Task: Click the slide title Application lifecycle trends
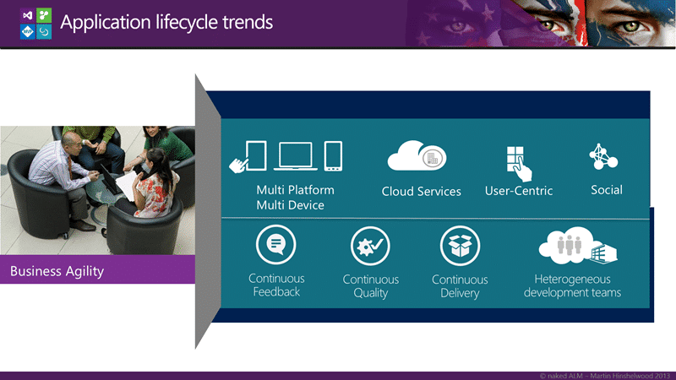(x=166, y=23)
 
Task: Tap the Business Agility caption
(x=57, y=271)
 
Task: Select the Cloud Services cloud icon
(x=417, y=155)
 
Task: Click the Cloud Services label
(x=421, y=192)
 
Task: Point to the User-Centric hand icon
(x=519, y=164)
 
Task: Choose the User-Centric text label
(x=519, y=191)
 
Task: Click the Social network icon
(x=603, y=156)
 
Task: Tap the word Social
(x=607, y=190)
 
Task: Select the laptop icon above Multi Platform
(x=295, y=156)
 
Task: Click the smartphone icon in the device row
(x=333, y=156)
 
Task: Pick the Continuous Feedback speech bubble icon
(x=276, y=245)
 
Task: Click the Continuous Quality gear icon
(x=370, y=246)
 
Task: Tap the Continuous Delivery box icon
(x=460, y=246)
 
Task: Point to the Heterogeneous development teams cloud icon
(x=578, y=246)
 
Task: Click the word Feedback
(x=276, y=291)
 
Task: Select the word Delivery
(x=460, y=293)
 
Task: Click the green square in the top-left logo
(x=44, y=15)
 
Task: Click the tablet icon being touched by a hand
(x=256, y=155)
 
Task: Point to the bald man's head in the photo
(x=71, y=141)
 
